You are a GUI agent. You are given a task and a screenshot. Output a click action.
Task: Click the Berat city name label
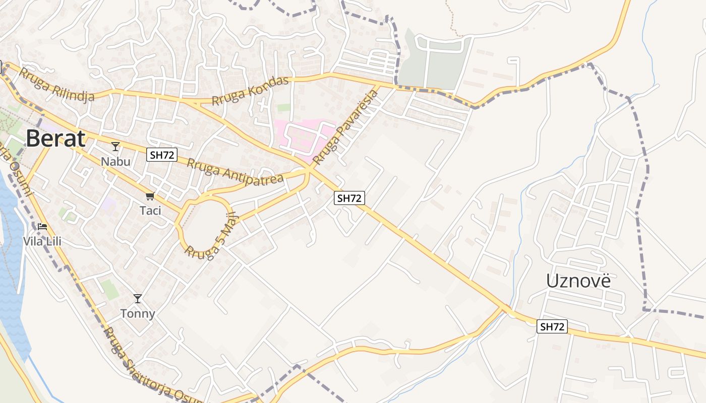click(x=55, y=139)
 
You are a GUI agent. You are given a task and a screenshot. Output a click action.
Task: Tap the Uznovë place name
click(x=578, y=281)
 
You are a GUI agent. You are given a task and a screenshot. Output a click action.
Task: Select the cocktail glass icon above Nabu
click(x=115, y=147)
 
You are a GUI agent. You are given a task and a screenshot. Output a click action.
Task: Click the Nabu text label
click(x=115, y=162)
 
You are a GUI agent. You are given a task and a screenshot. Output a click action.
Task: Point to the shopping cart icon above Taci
click(x=149, y=196)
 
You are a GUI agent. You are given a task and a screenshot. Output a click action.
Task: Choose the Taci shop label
click(x=150, y=211)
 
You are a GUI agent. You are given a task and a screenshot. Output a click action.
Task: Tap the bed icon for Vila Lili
click(x=42, y=227)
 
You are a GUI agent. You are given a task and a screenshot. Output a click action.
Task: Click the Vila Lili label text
click(x=42, y=241)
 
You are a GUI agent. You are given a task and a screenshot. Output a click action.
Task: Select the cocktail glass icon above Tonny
click(x=137, y=299)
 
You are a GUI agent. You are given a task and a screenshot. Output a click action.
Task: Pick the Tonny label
click(x=138, y=314)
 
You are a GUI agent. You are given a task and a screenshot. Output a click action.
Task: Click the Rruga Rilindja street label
click(x=56, y=85)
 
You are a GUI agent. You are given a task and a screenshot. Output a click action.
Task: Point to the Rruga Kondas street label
click(x=250, y=91)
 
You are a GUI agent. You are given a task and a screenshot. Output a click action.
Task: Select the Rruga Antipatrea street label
click(x=235, y=171)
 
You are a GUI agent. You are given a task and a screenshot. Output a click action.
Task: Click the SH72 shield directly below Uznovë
click(x=552, y=326)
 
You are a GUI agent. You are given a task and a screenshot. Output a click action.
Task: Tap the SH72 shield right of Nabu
click(x=162, y=155)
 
